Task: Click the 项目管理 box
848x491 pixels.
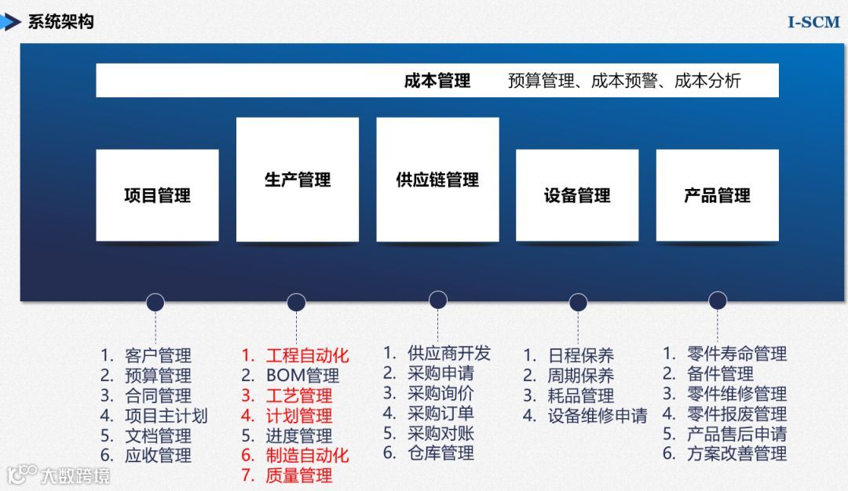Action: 157,195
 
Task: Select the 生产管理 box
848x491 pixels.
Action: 298,180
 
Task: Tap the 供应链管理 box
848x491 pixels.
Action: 437,180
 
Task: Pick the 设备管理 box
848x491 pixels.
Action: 577,195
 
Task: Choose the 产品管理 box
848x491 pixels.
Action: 717,195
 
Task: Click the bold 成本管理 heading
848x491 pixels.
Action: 437,81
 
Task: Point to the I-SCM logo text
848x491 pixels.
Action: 813,22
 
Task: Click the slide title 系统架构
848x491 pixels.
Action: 60,22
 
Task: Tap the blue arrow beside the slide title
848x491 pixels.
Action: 10,22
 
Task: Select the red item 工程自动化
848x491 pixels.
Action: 307,355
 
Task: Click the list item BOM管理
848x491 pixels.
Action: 302,376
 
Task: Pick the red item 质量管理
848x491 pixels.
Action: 298,475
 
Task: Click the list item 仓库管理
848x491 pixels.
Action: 440,453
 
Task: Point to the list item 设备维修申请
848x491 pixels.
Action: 597,416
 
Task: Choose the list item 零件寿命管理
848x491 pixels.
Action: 737,354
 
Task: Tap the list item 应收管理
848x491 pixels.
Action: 158,455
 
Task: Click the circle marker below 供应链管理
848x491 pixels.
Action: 438,300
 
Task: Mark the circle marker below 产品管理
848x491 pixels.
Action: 718,300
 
